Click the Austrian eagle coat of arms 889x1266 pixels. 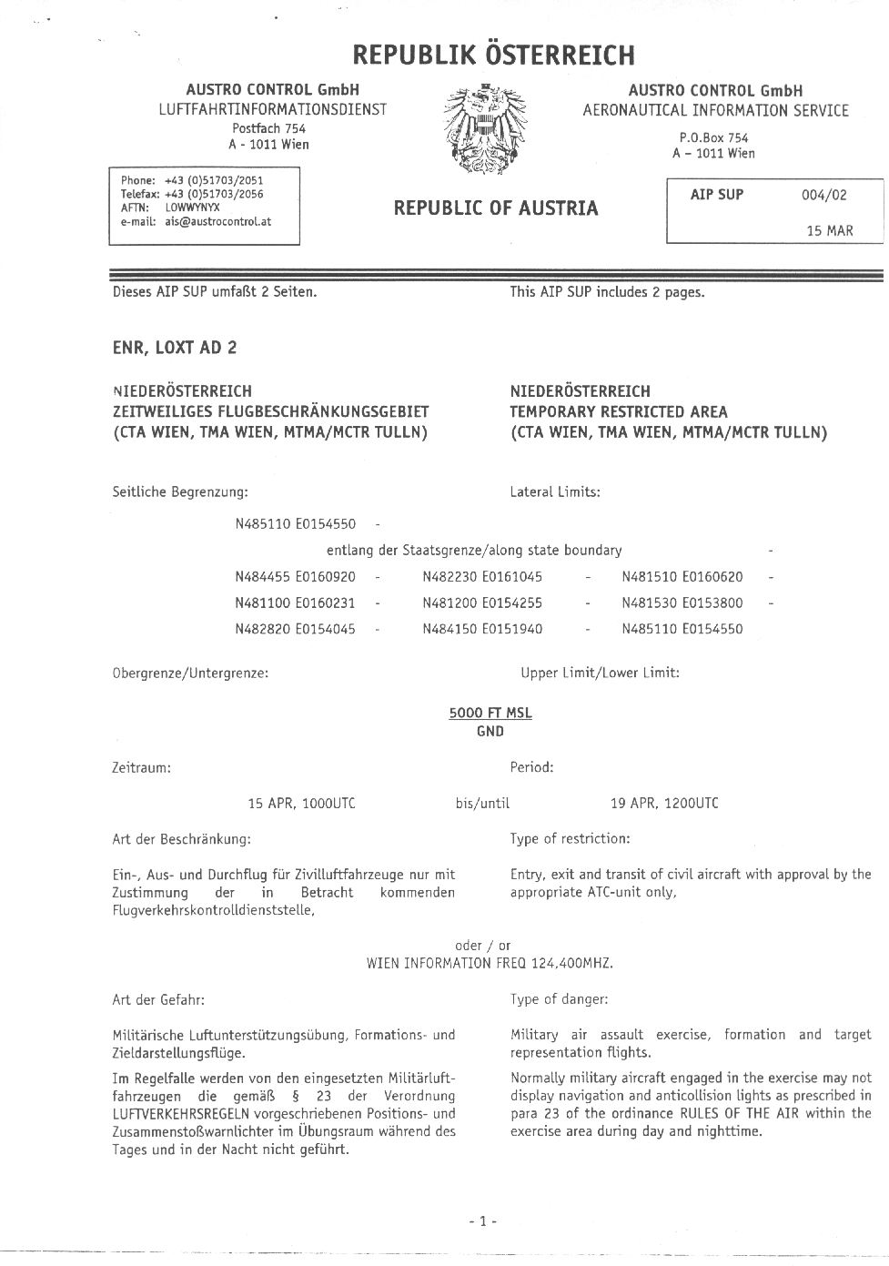click(x=483, y=130)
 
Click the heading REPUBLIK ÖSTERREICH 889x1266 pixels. click(x=493, y=56)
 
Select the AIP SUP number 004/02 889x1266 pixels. click(x=823, y=195)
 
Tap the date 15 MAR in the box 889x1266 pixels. click(x=830, y=231)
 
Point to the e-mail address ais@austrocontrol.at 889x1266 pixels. click(x=218, y=221)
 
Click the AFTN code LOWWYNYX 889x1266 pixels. click(x=192, y=208)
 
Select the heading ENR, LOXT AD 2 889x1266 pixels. click(x=175, y=348)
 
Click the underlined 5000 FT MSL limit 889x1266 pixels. click(x=490, y=713)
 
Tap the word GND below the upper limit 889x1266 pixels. click(x=490, y=731)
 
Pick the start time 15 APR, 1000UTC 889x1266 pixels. click(x=302, y=804)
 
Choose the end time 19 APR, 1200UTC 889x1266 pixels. click(x=664, y=804)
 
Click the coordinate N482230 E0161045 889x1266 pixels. click(x=482, y=577)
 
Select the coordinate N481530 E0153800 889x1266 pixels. click(x=682, y=603)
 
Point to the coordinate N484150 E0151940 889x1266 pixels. click(x=482, y=629)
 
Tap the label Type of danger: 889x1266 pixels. click(x=560, y=999)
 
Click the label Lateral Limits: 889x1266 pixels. click(x=555, y=492)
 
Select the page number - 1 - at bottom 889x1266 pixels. click(x=482, y=1221)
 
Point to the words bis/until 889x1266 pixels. click(x=482, y=804)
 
